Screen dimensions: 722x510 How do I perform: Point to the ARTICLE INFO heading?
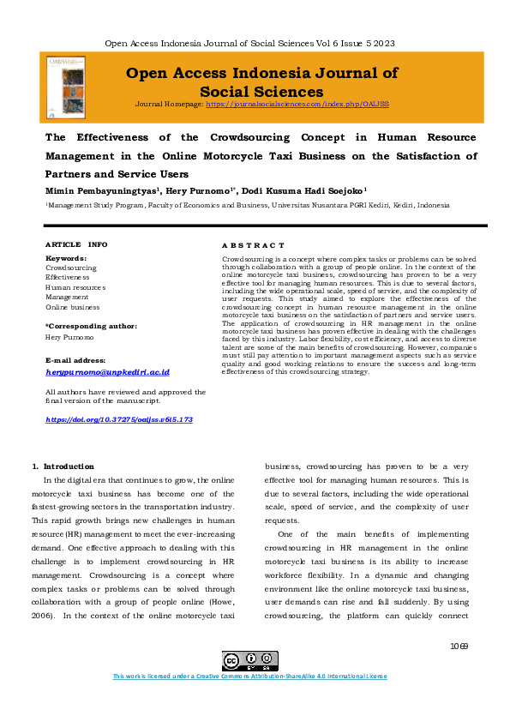click(76, 244)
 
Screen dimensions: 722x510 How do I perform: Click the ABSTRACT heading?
click(253, 245)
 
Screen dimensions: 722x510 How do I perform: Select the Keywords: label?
click(65, 258)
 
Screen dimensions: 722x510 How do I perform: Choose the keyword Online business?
click(72, 307)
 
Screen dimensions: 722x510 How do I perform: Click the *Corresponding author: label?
click(90, 326)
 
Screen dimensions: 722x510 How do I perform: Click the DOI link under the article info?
click(118, 419)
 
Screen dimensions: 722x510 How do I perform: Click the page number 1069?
click(458, 645)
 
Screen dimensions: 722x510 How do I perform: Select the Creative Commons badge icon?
click(242, 661)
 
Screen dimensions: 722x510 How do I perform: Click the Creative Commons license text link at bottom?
click(249, 677)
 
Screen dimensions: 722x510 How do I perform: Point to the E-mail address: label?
click(75, 361)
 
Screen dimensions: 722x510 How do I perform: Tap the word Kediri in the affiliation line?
click(378, 206)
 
